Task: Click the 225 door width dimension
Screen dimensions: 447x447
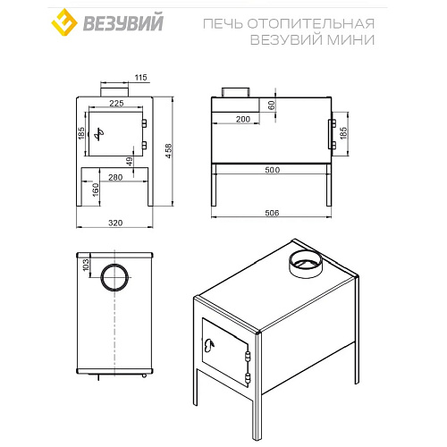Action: (115, 103)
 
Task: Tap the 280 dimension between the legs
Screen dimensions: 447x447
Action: (114, 177)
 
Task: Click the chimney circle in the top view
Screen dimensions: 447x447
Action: (114, 277)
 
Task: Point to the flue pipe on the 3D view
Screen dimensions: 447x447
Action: (305, 262)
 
